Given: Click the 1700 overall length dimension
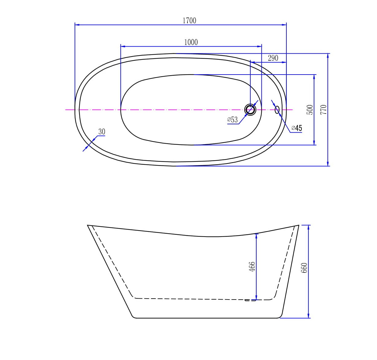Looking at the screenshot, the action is (189, 21).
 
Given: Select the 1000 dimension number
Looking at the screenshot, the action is (191, 42).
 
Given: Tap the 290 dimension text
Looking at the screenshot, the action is (273, 58).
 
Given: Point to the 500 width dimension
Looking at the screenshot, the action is (310, 110).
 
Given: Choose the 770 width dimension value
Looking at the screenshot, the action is (323, 110).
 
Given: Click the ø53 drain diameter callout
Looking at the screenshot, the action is (232, 120).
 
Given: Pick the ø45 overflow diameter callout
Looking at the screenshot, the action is (296, 128).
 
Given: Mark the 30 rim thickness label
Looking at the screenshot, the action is (102, 132).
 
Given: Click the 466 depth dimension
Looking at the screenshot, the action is (252, 267).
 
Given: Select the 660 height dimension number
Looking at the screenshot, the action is (304, 268).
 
